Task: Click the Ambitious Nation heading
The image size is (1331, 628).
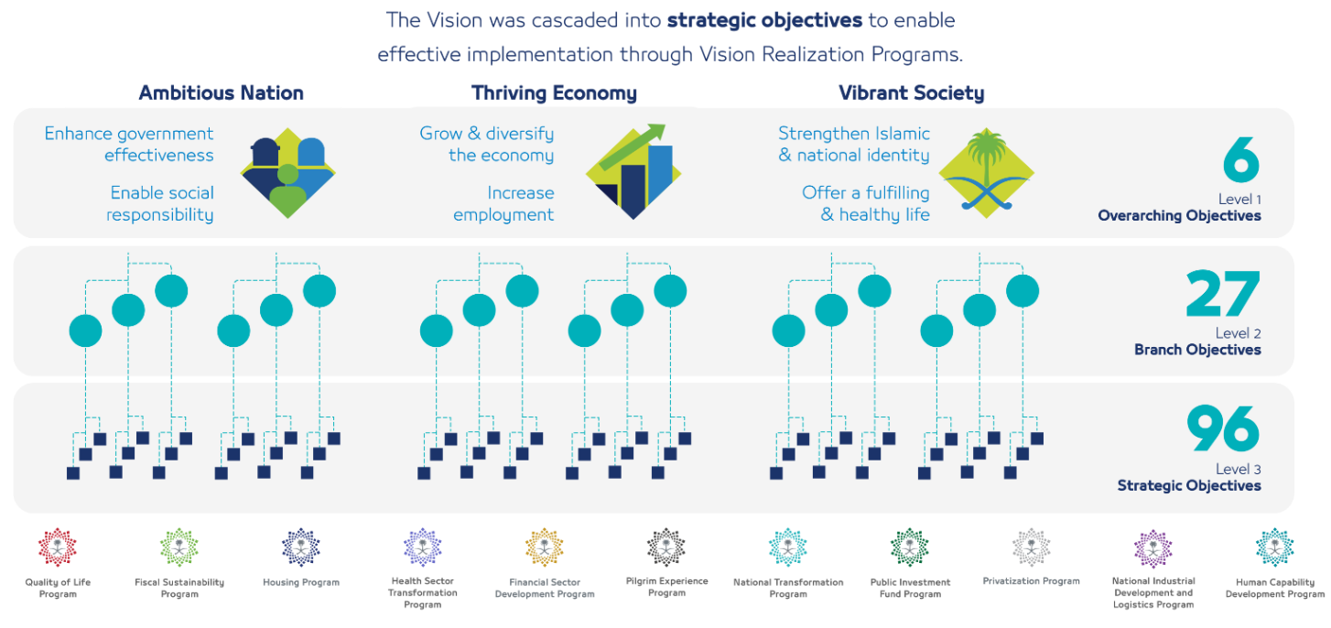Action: [221, 92]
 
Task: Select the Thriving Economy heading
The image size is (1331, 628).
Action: [554, 92]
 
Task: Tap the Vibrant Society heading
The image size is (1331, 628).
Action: [911, 92]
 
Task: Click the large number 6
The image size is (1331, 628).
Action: [1240, 161]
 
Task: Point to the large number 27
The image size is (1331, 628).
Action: [1223, 294]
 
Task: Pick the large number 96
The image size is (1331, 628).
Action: [1223, 428]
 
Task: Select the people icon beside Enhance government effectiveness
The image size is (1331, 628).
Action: [287, 173]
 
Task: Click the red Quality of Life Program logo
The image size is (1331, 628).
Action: [57, 547]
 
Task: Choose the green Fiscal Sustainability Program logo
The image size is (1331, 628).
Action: [179, 547]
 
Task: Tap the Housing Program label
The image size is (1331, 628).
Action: [301, 582]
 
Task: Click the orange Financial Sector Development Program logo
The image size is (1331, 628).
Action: [544, 547]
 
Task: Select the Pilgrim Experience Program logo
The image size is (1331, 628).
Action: [665, 547]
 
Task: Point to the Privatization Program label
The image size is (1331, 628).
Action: [1031, 581]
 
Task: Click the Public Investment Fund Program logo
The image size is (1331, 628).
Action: [909, 547]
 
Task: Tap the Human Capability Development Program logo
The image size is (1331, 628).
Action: [1274, 547]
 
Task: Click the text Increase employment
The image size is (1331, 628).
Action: [503, 204]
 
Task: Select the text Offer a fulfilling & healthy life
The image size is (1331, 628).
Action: [866, 204]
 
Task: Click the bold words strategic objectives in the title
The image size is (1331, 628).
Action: [765, 19]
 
